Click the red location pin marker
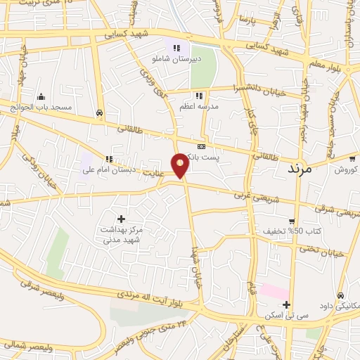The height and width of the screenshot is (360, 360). [x=181, y=165]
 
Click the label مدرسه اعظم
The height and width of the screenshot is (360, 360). [x=200, y=105]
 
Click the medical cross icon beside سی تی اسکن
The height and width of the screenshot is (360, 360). [x=286, y=305]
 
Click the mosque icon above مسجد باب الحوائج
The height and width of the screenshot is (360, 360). [x=41, y=97]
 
